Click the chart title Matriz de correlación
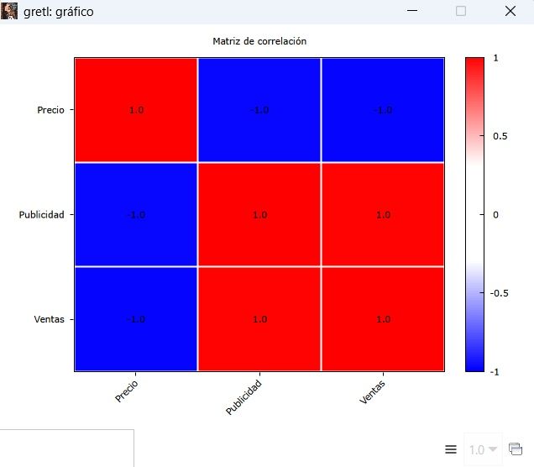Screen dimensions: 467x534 click(x=259, y=40)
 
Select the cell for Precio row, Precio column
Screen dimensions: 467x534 click(x=136, y=110)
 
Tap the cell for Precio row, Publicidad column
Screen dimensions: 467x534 click(x=259, y=110)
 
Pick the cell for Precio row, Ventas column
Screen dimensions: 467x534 click(x=383, y=110)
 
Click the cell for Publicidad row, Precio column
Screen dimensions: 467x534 click(x=136, y=214)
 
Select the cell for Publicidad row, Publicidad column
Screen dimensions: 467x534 click(x=259, y=214)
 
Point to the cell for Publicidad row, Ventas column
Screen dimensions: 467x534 click(x=383, y=214)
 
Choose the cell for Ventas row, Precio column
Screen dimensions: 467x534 click(x=136, y=318)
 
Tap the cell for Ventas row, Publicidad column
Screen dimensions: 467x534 click(x=259, y=318)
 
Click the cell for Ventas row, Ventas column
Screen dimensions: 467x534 click(x=383, y=318)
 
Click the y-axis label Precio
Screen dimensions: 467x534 click(x=51, y=110)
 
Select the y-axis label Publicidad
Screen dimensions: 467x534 click(x=42, y=214)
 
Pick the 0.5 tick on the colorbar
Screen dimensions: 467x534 click(x=499, y=136)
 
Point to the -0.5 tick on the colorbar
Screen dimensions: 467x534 click(x=500, y=293)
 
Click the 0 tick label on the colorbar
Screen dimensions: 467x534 click(x=495, y=215)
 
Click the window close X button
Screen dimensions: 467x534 click(x=510, y=11)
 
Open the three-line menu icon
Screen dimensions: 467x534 click(x=451, y=449)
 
